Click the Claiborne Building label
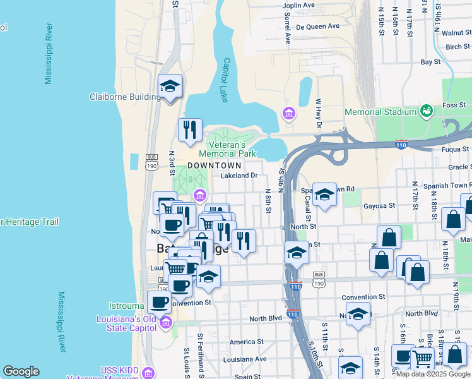pyautogui.click(x=125, y=97)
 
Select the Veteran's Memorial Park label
pyautogui.click(x=227, y=148)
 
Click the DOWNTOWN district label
pyautogui.click(x=215, y=165)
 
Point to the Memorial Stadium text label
pyautogui.click(x=381, y=112)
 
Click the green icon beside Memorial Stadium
pyautogui.click(x=427, y=111)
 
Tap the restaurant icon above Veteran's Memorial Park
pyautogui.click(x=190, y=130)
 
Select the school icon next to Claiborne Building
pyautogui.click(x=170, y=87)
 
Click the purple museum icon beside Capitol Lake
pyautogui.click(x=288, y=114)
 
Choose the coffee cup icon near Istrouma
pyautogui.click(x=159, y=301)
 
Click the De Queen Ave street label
pyautogui.click(x=318, y=27)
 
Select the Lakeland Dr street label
pyautogui.click(x=239, y=176)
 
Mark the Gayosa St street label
pyautogui.click(x=379, y=205)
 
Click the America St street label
pyautogui.click(x=242, y=342)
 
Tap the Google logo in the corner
pyautogui.click(x=21, y=371)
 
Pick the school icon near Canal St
pyautogui.click(x=325, y=195)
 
